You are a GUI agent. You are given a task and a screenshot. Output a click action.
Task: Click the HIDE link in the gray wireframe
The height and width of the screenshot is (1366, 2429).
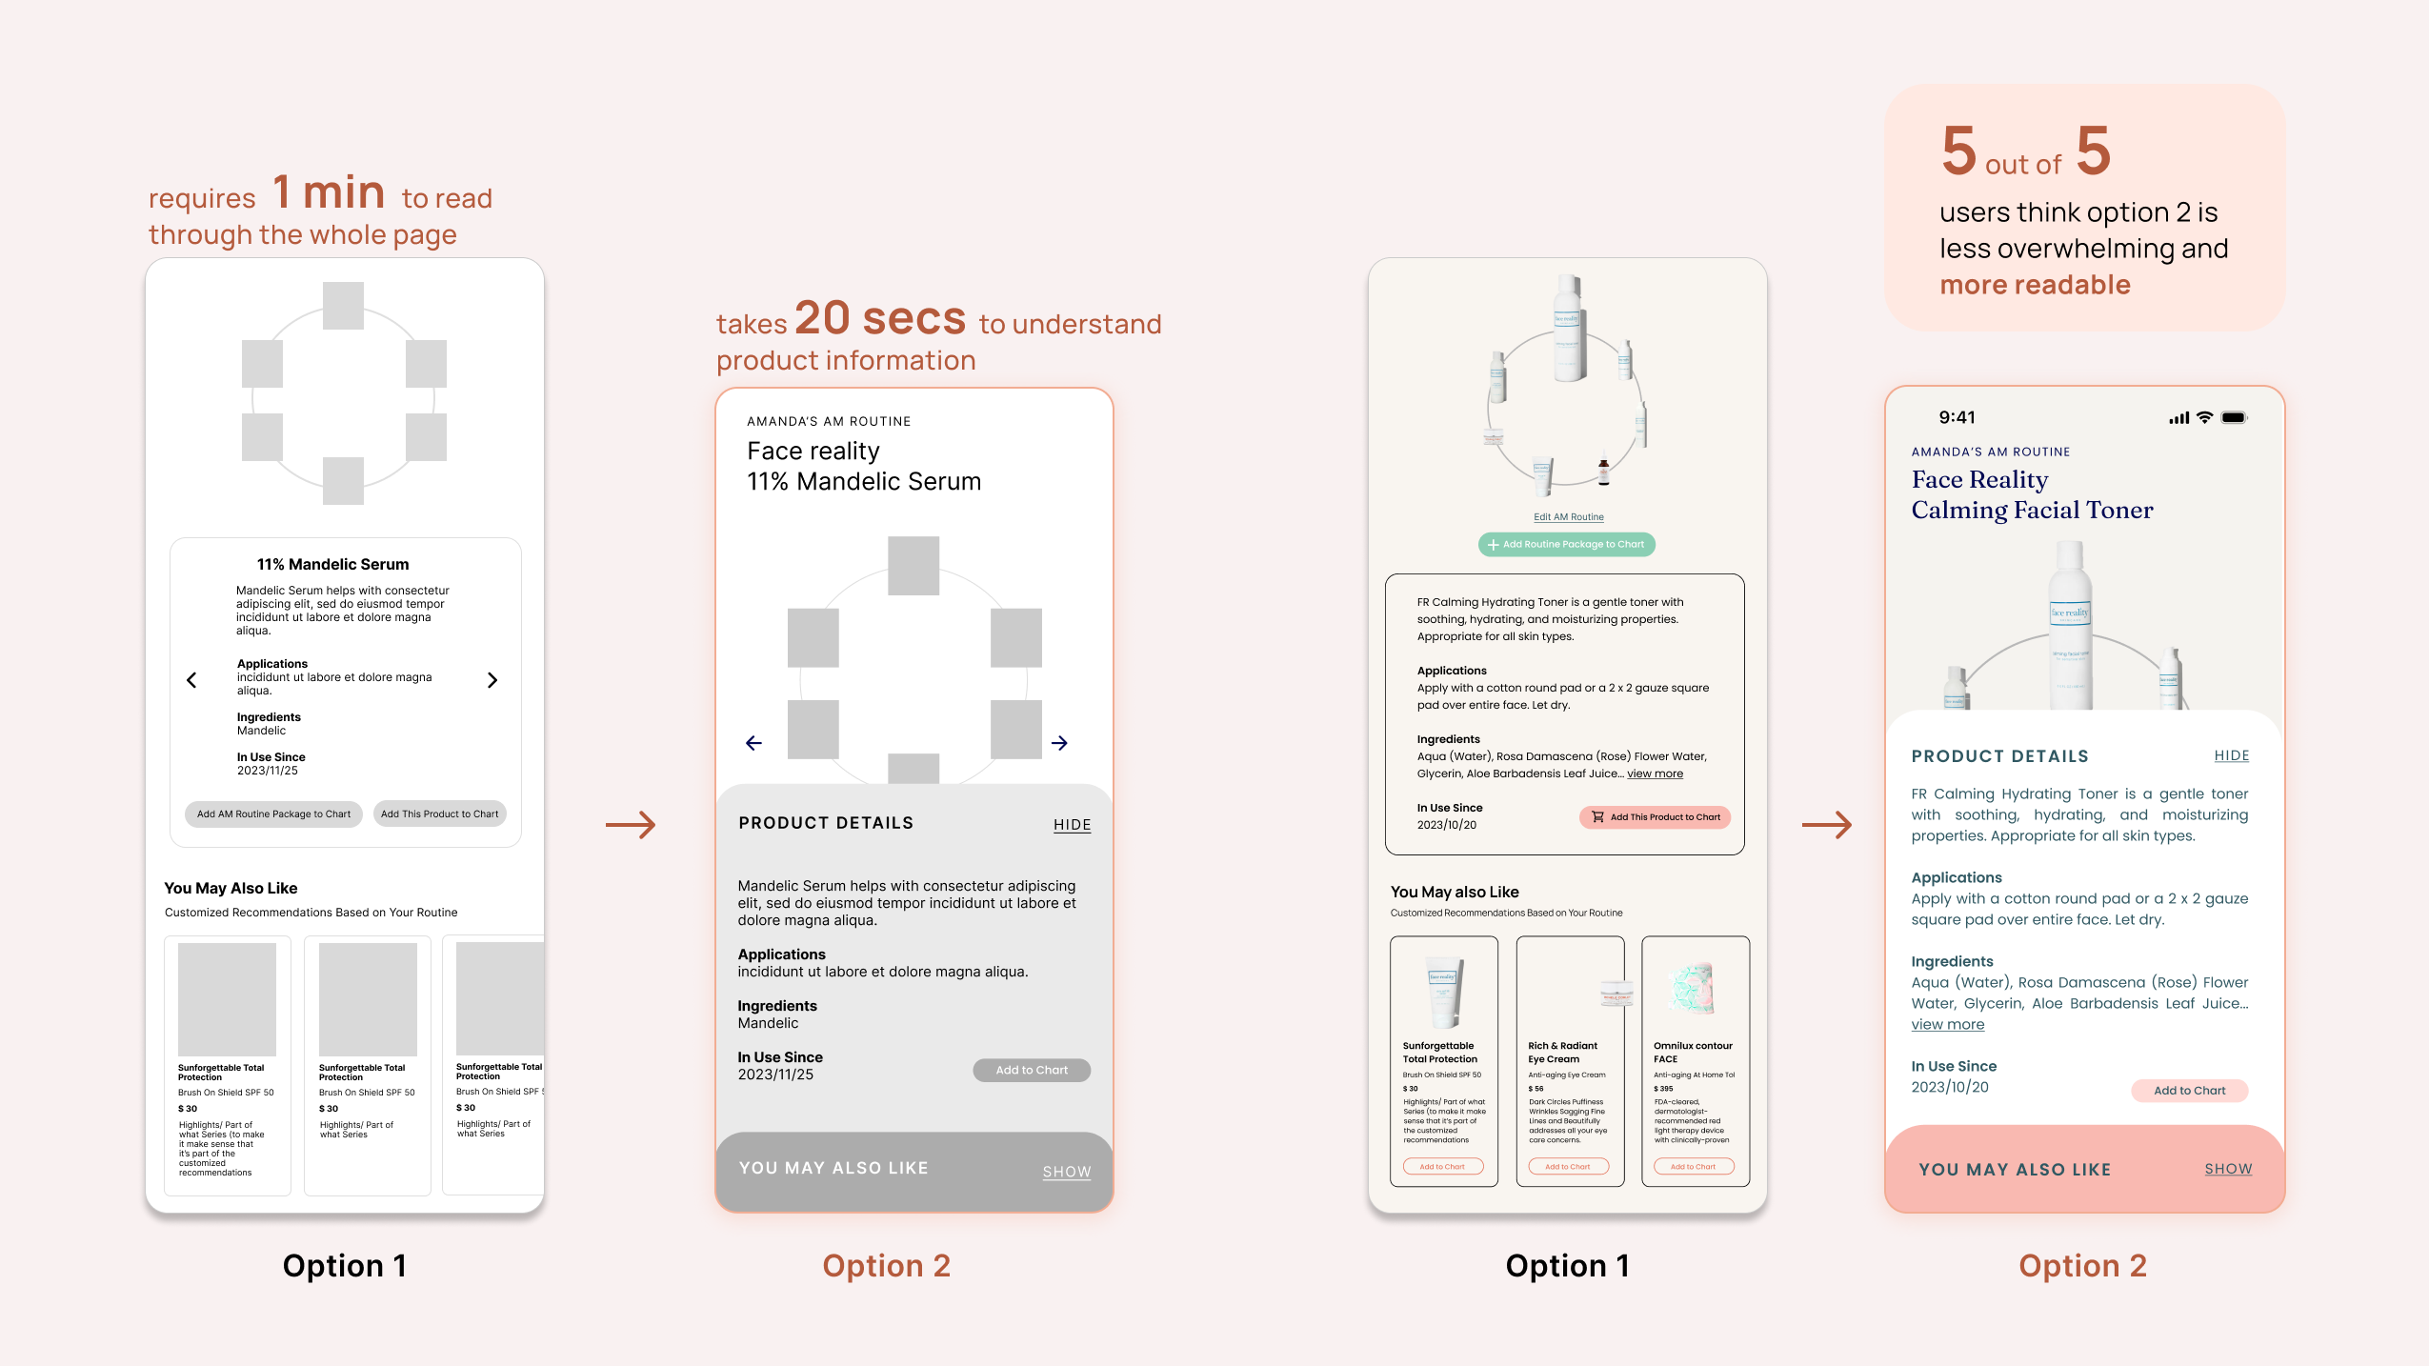coord(1072,825)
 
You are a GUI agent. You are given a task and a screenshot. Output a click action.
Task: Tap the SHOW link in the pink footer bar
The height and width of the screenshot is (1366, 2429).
coord(2228,1169)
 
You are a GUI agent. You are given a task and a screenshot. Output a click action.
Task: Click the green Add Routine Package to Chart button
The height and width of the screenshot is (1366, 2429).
coord(1566,545)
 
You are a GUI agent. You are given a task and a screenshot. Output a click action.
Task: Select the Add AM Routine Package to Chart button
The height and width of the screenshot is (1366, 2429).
coord(273,814)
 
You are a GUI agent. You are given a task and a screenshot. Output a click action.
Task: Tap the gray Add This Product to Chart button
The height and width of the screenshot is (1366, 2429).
coord(439,814)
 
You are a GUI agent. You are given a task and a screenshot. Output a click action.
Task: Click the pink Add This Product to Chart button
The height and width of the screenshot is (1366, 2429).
coord(1655,817)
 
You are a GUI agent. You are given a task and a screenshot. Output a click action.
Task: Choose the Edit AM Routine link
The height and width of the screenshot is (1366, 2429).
coord(1568,517)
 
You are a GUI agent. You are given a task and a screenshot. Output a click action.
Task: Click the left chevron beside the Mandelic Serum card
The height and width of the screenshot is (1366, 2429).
coord(192,680)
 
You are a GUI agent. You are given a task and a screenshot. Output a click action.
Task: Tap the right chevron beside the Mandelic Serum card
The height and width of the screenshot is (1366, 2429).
coord(492,680)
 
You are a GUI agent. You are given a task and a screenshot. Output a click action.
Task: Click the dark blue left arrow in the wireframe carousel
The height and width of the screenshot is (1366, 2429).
coord(753,743)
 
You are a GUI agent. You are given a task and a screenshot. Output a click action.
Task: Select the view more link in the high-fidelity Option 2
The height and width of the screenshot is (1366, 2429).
coord(1947,1025)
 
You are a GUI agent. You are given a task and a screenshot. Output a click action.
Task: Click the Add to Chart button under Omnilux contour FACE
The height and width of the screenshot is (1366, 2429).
coord(1693,1167)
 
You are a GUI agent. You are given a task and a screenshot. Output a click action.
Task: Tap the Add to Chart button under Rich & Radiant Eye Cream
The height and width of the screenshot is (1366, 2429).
coord(1567,1167)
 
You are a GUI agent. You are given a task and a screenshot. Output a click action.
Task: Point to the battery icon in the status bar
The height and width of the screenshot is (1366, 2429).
coord(2234,417)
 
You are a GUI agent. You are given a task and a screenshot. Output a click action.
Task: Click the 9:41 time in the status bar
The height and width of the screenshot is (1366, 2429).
coord(1957,417)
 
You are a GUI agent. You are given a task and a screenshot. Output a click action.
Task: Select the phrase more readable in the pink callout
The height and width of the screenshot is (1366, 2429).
coord(2035,285)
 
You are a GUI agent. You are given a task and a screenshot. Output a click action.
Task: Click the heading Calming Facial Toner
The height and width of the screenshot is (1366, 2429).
coord(2032,511)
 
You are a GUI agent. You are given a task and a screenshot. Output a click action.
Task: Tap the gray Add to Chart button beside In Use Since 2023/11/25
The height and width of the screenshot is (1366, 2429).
coord(1032,1071)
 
